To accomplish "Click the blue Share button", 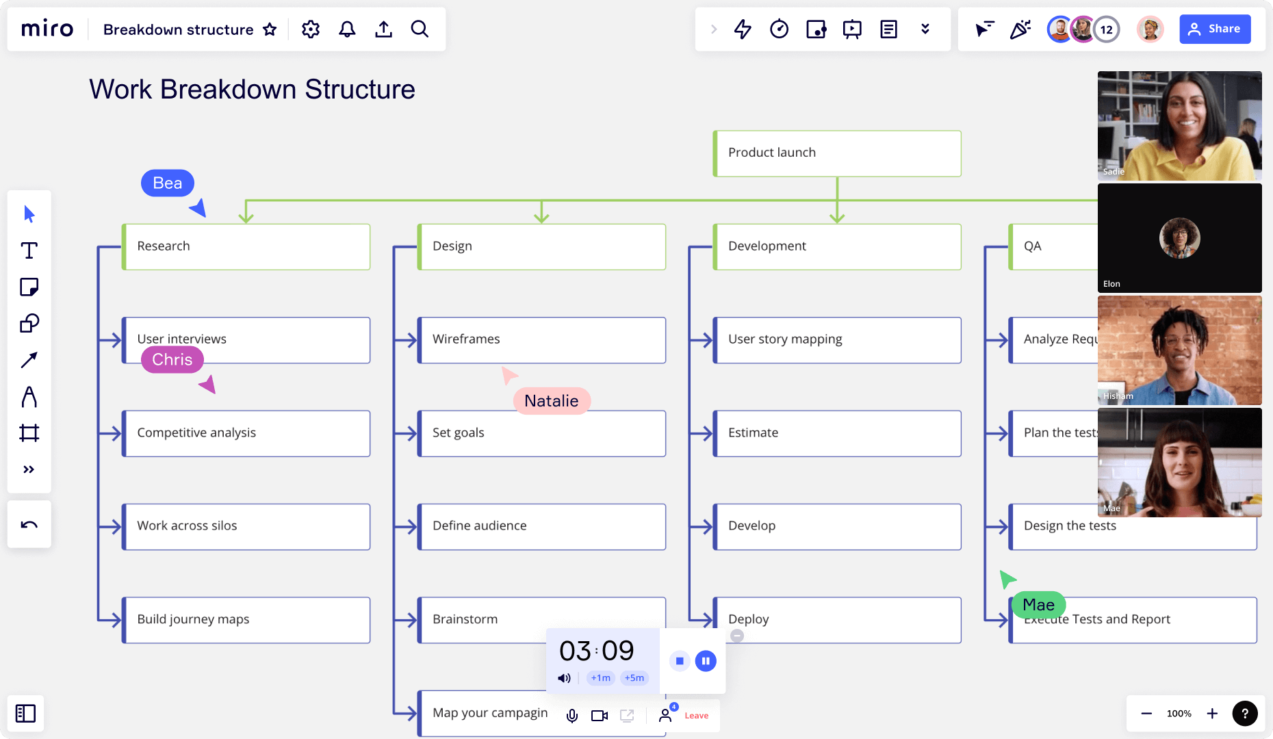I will coord(1215,29).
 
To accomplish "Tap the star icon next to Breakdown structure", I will coord(270,29).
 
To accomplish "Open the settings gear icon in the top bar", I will coord(311,29).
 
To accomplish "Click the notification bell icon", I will coord(347,29).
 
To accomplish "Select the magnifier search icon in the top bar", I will coord(420,29).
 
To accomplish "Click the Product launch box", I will coord(836,153).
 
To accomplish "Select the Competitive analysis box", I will coord(246,433).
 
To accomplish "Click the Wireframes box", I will coord(541,340).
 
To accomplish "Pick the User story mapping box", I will coord(836,340).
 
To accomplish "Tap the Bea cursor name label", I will coord(168,183).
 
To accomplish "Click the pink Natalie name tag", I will coord(552,401).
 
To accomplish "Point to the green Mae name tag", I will coord(1038,605).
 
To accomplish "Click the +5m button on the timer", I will coord(634,678).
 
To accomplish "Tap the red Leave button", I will coord(696,716).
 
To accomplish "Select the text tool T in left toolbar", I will coord(29,250).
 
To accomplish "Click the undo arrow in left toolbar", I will coord(29,525).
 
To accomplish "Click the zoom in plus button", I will coord(1212,714).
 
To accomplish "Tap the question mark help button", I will coord(1245,714).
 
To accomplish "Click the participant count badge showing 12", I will coord(1107,29).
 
